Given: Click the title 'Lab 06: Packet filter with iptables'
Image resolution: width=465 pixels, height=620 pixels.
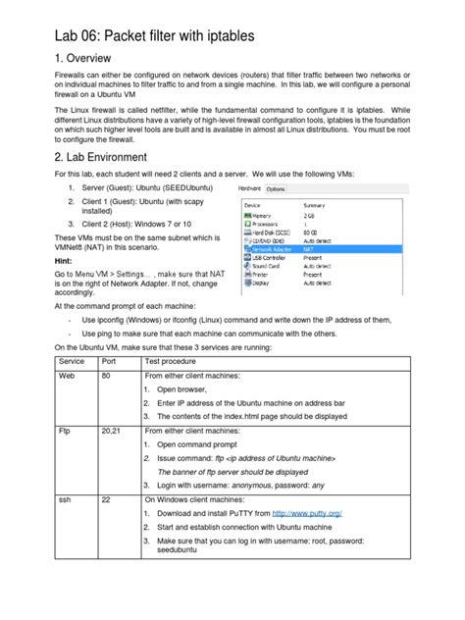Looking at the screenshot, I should pos(155,36).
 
